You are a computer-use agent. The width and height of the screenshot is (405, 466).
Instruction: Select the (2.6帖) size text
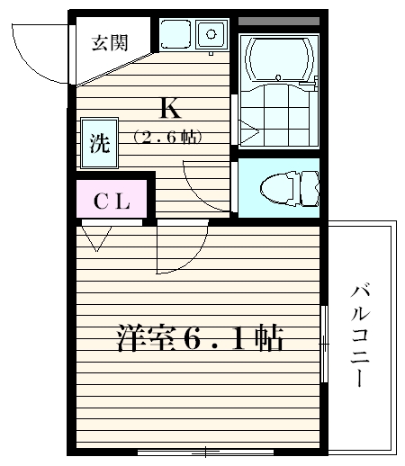tap(167, 138)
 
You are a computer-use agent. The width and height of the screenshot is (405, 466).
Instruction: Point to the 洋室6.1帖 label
tap(200, 338)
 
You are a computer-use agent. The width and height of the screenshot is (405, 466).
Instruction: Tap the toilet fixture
tap(285, 188)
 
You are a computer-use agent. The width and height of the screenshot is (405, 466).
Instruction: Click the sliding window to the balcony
tap(323, 342)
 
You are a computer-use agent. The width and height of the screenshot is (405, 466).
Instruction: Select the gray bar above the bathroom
tap(279, 20)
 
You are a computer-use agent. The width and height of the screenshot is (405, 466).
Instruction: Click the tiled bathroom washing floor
tap(281, 117)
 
